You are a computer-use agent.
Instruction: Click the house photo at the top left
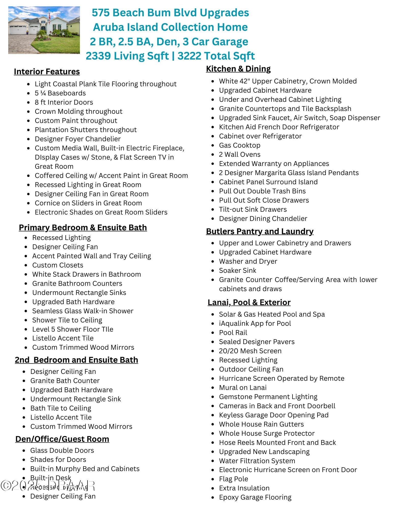pyautogui.click(x=44, y=30)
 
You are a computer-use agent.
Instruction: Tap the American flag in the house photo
pyautogui.click(x=49, y=17)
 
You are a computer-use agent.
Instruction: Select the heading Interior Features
pyautogui.click(x=47, y=72)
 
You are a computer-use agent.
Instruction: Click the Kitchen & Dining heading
pyautogui.click(x=238, y=69)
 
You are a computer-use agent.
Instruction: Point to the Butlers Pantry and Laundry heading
pyautogui.click(x=259, y=231)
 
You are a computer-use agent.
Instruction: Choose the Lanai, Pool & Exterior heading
pyautogui.click(x=249, y=302)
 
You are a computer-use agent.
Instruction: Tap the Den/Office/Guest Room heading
pyautogui.click(x=62, y=439)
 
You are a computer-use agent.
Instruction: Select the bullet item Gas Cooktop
pyautogui.click(x=240, y=145)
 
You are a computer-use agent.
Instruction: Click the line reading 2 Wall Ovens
pyautogui.click(x=240, y=154)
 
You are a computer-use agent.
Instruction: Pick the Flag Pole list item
pyautogui.click(x=234, y=479)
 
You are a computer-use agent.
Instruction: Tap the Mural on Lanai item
pyautogui.click(x=243, y=388)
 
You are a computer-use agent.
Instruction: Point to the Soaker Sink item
pyautogui.click(x=238, y=271)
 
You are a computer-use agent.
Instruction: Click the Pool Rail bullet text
pyautogui.click(x=233, y=333)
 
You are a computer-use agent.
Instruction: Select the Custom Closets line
pyautogui.click(x=58, y=265)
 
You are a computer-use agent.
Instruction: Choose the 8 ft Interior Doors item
pyautogui.click(x=64, y=102)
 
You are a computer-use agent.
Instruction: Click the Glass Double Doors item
pyautogui.click(x=62, y=450)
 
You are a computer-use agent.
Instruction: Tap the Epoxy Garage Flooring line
pyautogui.click(x=255, y=497)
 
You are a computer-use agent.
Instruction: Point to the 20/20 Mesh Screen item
pyautogui.click(x=250, y=351)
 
